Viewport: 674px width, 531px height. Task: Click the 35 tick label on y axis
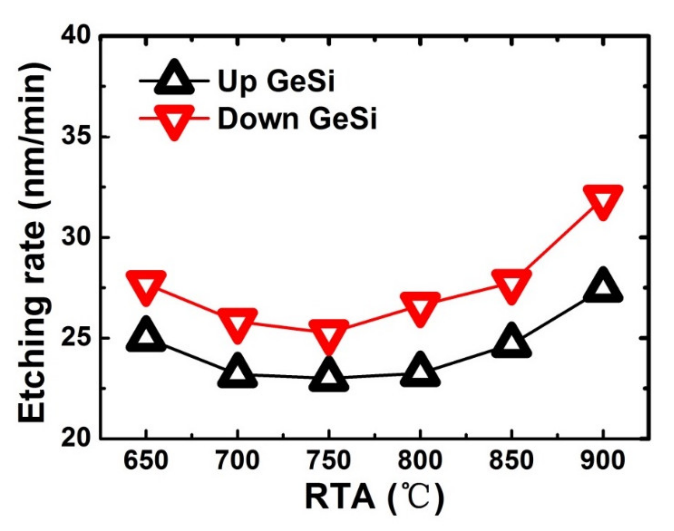[75, 137]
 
